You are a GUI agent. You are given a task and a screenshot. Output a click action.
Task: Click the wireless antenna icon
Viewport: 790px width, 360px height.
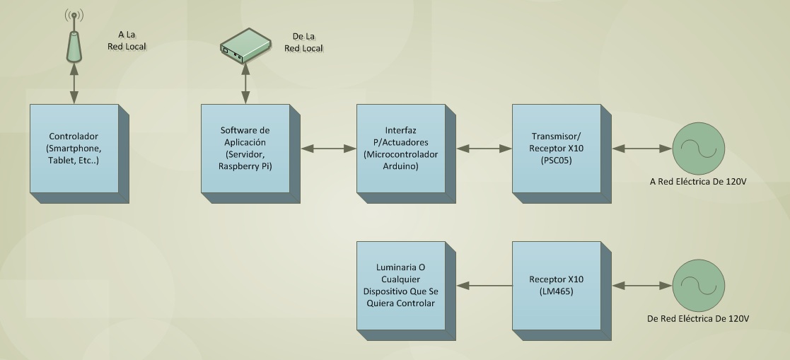pos(74,36)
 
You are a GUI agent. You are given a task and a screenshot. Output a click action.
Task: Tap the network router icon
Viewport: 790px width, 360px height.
pos(245,46)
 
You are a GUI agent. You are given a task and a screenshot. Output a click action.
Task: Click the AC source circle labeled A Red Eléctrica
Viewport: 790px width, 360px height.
pos(698,149)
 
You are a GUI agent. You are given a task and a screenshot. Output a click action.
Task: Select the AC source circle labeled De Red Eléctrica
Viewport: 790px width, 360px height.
pos(698,286)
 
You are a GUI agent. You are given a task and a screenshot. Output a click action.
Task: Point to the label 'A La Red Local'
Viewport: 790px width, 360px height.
pos(127,40)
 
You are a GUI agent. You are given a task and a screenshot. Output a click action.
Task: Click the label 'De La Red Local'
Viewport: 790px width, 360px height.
pos(304,42)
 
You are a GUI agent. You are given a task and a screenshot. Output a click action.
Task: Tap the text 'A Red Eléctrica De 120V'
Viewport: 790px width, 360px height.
pos(698,182)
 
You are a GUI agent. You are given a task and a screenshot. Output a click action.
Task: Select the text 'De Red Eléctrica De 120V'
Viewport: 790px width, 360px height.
pos(698,319)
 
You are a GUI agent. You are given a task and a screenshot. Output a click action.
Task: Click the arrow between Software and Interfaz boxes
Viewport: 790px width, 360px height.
pos(328,149)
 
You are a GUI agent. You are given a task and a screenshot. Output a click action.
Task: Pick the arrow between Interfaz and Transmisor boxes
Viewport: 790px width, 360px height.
pos(484,149)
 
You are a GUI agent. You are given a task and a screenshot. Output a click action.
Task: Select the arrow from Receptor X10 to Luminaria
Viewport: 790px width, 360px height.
pos(484,286)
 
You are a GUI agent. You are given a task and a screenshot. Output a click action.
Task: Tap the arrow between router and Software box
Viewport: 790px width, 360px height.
pos(245,84)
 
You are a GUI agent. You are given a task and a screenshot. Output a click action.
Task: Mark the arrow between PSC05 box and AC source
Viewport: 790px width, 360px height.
pos(642,149)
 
